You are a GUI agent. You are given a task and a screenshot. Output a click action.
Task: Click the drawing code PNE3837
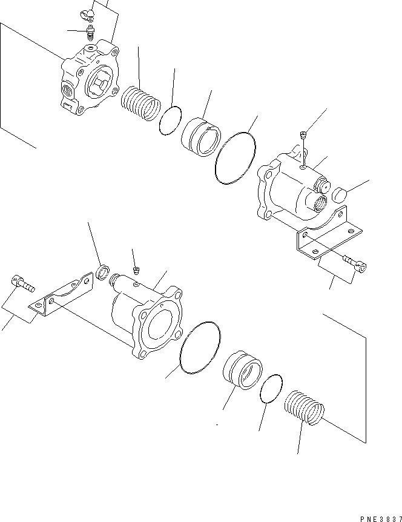pyautogui.click(x=381, y=519)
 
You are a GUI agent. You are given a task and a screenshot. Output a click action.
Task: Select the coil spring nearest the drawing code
pyautogui.click(x=305, y=408)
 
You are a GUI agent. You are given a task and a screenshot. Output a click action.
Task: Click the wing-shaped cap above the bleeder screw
pyautogui.click(x=87, y=14)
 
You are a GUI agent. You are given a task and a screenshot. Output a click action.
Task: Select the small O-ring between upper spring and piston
pyautogui.click(x=170, y=121)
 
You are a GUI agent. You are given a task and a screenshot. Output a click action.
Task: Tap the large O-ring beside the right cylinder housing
pyautogui.click(x=236, y=157)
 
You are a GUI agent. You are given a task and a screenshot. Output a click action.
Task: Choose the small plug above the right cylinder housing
pyautogui.click(x=303, y=135)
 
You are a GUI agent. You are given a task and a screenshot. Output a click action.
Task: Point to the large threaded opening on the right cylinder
pyautogui.click(x=320, y=203)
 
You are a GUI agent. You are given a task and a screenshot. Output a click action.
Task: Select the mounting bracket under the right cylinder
pyautogui.click(x=329, y=233)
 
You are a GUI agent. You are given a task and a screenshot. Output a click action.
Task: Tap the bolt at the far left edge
pyautogui.click(x=22, y=283)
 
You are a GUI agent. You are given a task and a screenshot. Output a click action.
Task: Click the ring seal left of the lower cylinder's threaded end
pyautogui.click(x=103, y=272)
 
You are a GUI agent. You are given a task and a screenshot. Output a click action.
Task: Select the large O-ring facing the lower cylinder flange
pyautogui.click(x=200, y=348)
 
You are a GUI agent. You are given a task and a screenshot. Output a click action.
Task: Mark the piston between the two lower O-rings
pyautogui.click(x=242, y=369)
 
